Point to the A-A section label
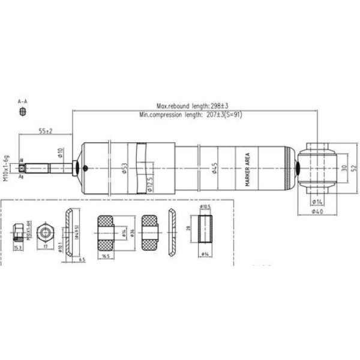[x=23, y=101]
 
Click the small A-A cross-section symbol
[x=23, y=112]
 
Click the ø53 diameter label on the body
[x=124, y=168]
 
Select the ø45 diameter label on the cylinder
[x=214, y=168]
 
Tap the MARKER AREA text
[x=247, y=169]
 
